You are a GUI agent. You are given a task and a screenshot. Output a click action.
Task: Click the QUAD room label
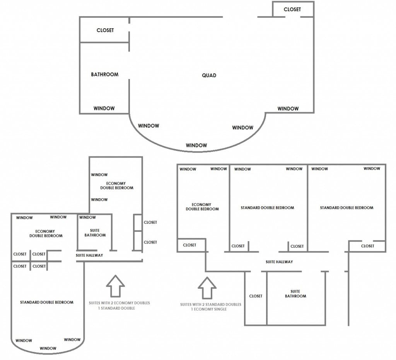[x=209, y=75]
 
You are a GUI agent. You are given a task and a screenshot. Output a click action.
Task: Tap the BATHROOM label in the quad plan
[x=104, y=74]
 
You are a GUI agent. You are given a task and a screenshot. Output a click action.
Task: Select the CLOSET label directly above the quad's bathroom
[x=105, y=30]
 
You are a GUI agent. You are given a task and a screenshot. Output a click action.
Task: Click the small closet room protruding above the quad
[x=292, y=9]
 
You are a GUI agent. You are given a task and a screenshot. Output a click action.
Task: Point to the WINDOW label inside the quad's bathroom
[x=104, y=108]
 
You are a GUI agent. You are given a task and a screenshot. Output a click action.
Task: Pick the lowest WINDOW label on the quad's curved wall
[x=196, y=145]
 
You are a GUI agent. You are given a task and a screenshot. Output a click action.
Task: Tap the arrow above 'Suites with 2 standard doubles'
[x=207, y=288]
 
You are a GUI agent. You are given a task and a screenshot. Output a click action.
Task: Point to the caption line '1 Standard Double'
[x=116, y=308]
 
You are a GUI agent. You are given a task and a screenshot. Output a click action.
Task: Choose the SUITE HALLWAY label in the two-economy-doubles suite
[x=89, y=255]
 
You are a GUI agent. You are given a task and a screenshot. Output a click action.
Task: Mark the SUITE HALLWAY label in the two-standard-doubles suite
[x=279, y=262]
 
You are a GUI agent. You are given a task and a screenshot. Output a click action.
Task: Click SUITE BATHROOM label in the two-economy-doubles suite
[x=95, y=233]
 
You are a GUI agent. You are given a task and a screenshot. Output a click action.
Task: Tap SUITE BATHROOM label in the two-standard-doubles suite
[x=295, y=294]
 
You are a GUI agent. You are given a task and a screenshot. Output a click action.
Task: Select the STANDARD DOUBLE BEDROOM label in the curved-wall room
[x=47, y=302]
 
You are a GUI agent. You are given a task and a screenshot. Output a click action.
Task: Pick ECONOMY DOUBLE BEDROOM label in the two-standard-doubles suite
[x=202, y=207]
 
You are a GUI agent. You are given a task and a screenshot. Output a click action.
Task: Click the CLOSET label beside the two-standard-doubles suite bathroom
[x=256, y=296]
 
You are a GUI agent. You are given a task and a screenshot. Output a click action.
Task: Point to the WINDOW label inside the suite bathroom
[x=87, y=218]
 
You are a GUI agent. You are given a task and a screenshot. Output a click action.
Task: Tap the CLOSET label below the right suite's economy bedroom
[x=189, y=245]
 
